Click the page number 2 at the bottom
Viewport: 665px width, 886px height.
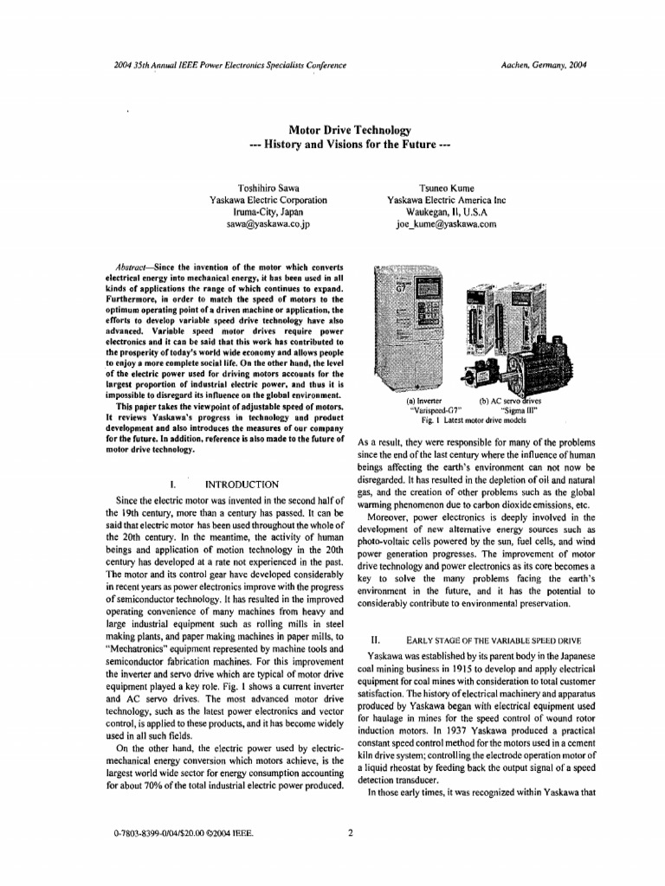point(350,833)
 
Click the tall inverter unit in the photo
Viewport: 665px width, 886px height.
point(402,329)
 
